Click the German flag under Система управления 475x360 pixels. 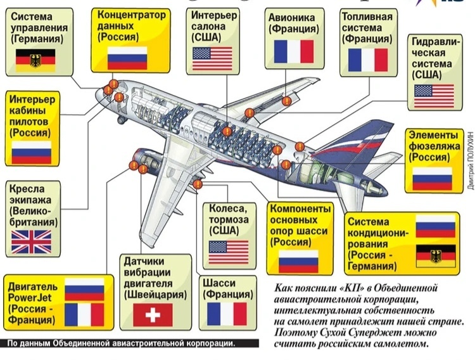click(35, 59)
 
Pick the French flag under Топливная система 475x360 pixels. click(368, 60)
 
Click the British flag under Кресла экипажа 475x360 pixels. click(31, 242)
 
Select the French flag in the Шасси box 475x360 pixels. click(227, 314)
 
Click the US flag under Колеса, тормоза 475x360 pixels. click(229, 252)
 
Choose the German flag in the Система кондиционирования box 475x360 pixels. click(435, 256)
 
